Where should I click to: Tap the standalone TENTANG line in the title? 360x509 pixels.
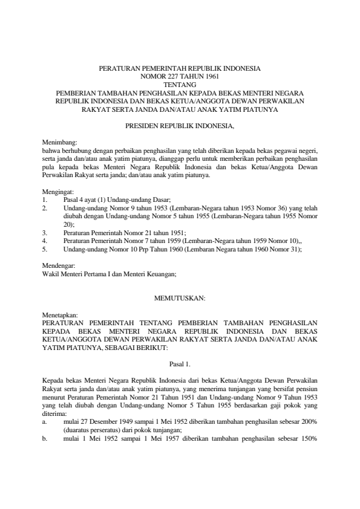180,85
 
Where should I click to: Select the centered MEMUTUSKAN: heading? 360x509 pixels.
180,299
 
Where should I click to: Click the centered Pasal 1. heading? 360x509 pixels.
180,365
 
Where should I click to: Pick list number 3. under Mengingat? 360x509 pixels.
45,232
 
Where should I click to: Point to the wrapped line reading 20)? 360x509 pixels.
69,224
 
